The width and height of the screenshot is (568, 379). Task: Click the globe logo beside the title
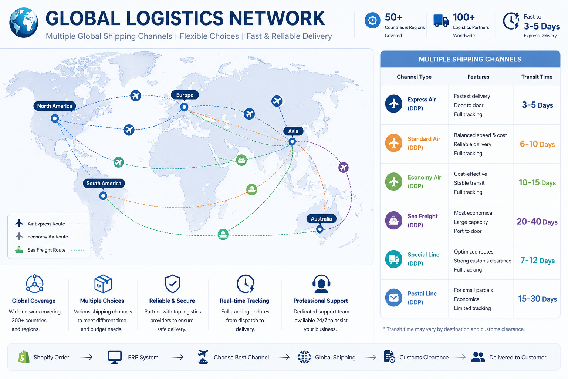[x=24, y=22]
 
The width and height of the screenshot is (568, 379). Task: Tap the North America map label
[x=54, y=106]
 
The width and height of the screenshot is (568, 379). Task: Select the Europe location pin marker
[x=185, y=107]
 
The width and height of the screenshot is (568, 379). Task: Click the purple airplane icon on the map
[x=343, y=168]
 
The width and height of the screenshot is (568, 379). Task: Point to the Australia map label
[x=321, y=219]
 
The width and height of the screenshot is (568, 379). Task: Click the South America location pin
[x=103, y=196]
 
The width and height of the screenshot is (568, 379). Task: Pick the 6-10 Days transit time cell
[x=537, y=144]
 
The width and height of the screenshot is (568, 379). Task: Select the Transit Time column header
[x=537, y=77]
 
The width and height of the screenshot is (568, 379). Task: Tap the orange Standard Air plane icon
[x=393, y=143]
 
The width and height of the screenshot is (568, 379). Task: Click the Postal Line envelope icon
[x=393, y=298]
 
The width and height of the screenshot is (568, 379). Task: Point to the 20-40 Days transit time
[x=537, y=222]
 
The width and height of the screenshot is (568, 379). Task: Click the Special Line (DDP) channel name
[x=423, y=259]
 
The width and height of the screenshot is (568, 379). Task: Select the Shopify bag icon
[x=24, y=357]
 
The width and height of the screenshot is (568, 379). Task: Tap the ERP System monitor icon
[x=115, y=357]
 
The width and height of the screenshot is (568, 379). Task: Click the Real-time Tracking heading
[x=244, y=301]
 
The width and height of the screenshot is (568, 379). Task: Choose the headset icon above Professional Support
[x=321, y=284]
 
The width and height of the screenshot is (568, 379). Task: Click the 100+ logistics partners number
[x=464, y=17]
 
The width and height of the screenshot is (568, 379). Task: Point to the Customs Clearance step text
[x=424, y=358]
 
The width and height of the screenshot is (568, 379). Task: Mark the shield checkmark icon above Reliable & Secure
[x=172, y=284]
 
